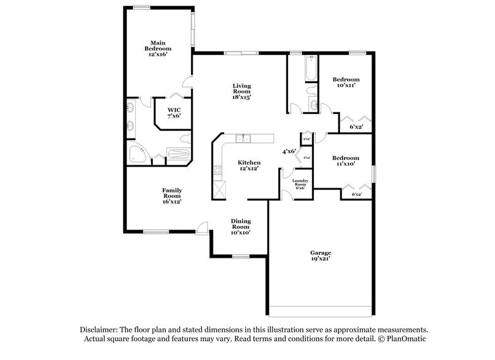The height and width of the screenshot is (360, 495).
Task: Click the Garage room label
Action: point(321,256)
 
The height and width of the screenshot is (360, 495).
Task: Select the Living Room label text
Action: point(242,91)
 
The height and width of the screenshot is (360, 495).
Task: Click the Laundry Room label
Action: point(300,184)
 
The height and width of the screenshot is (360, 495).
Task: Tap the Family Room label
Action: point(171,195)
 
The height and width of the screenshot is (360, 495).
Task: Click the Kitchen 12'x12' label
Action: point(249,165)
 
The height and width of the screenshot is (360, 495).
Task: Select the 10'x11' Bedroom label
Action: point(346,83)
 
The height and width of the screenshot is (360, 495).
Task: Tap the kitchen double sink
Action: point(244,138)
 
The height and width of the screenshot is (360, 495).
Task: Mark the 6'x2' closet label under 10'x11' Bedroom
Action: point(356,127)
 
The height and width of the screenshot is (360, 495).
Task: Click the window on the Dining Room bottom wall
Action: point(240,255)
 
